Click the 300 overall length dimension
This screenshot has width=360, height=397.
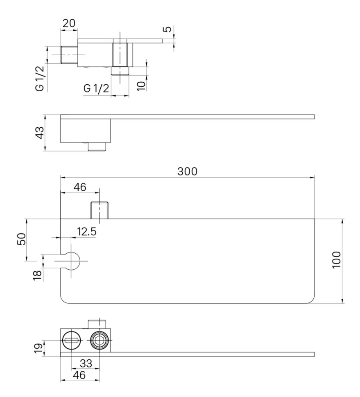click(188, 171)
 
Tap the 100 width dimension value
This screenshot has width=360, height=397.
click(337, 260)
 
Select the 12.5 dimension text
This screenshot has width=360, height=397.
click(86, 232)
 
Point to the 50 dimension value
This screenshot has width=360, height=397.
click(21, 239)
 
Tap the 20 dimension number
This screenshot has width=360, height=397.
click(69, 23)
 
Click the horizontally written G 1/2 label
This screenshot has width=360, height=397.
click(96, 88)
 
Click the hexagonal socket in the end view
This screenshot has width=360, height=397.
click(99, 340)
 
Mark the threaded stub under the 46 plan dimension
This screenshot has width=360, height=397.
click(99, 210)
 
